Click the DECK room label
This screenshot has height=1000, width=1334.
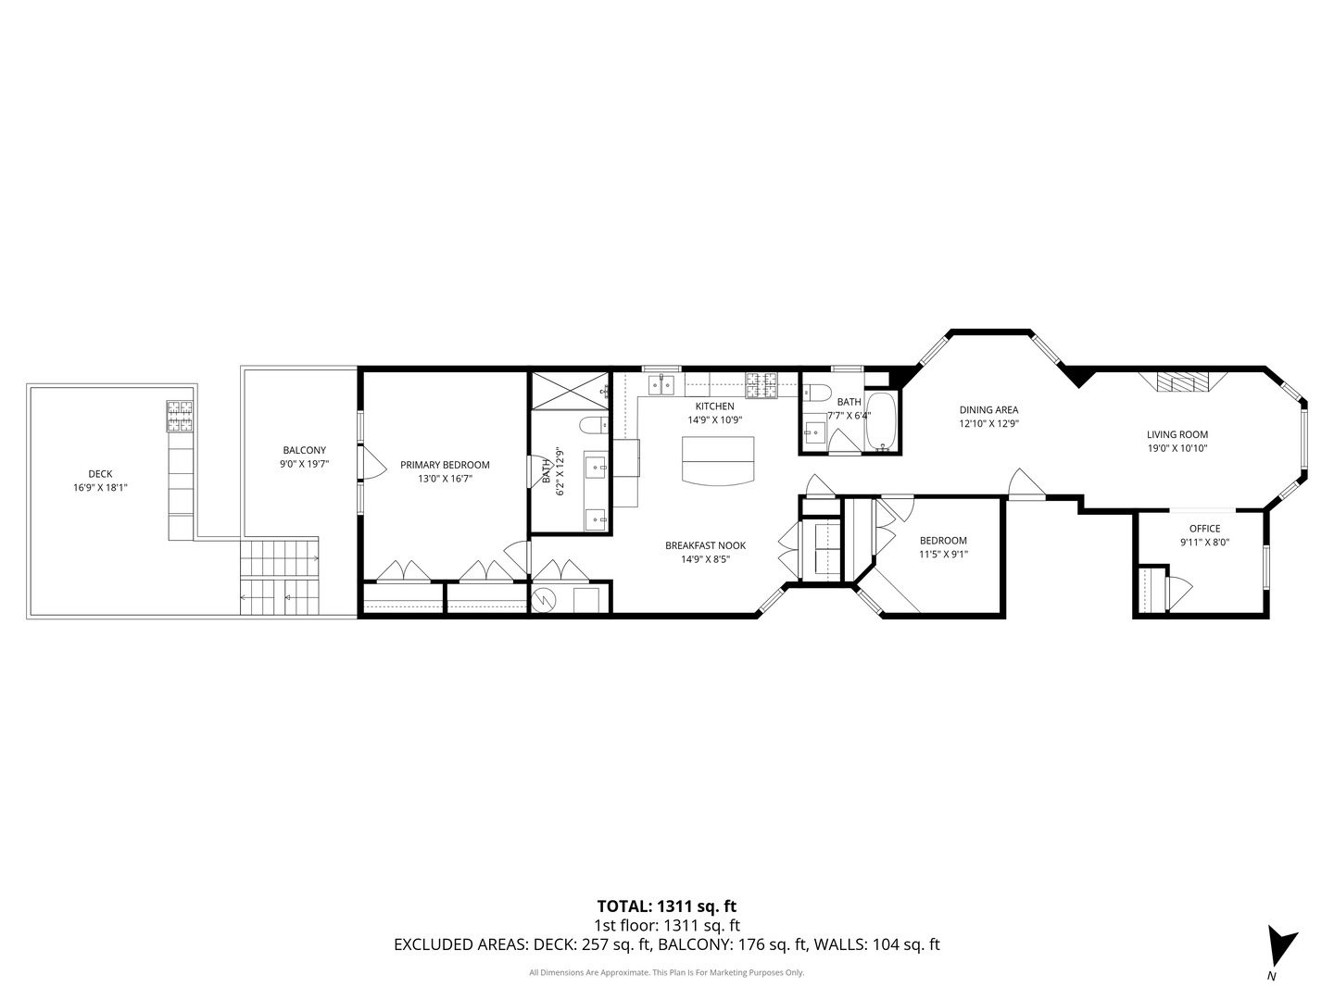click(x=100, y=474)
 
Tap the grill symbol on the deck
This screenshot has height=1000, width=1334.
click(x=180, y=417)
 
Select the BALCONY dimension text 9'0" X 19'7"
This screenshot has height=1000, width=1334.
click(x=305, y=464)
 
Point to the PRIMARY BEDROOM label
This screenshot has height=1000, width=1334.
click(x=445, y=465)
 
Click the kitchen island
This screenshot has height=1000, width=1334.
click(x=718, y=459)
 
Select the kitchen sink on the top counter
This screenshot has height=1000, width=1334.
click(x=664, y=382)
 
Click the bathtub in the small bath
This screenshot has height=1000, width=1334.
click(x=882, y=423)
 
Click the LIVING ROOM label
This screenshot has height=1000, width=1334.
click(x=1177, y=434)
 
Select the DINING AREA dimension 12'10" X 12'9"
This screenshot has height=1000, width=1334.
click(x=988, y=424)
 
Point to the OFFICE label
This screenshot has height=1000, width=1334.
click(x=1204, y=529)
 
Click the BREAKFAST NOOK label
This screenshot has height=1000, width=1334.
click(x=705, y=545)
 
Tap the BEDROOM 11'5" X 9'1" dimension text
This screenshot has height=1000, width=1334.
click(x=943, y=555)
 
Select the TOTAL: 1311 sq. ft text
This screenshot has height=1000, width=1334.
click(x=666, y=906)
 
